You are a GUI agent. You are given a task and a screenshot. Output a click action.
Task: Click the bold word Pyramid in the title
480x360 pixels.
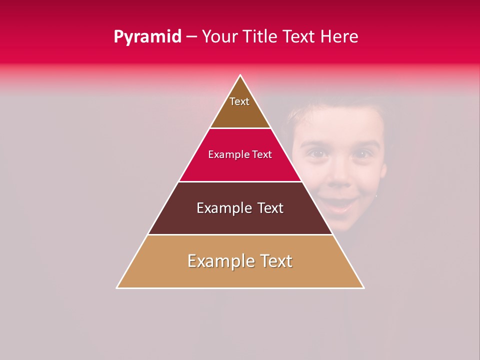click(x=147, y=37)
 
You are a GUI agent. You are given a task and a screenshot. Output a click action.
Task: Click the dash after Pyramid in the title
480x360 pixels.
click(x=191, y=37)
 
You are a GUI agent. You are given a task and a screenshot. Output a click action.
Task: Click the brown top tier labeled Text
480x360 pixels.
click(x=239, y=107)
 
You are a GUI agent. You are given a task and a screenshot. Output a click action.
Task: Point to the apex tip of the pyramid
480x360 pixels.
click(x=240, y=76)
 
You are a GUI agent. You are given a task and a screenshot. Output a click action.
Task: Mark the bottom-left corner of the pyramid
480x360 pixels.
click(x=117, y=287)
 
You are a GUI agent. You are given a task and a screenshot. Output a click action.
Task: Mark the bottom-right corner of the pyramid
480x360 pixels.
click(x=363, y=287)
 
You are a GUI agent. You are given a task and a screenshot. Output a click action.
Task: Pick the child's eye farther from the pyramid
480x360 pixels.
click(x=361, y=154)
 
